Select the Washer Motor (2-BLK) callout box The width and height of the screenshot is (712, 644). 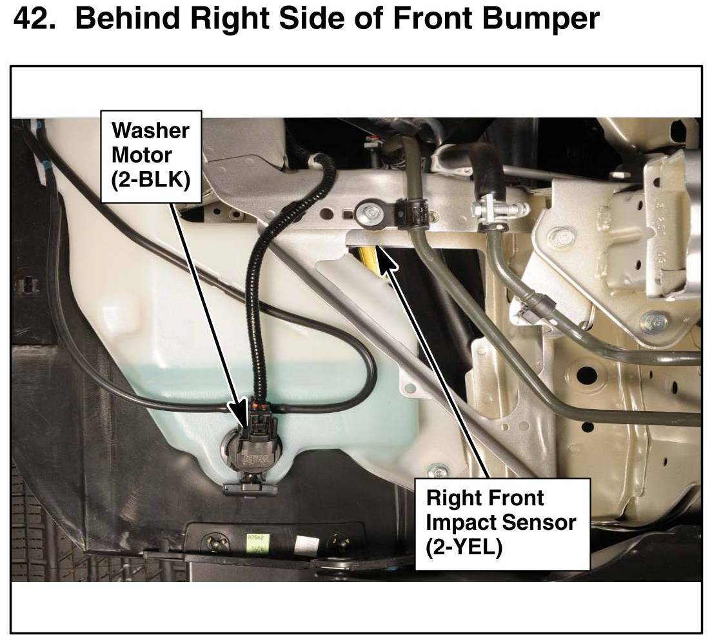pyautogui.click(x=151, y=156)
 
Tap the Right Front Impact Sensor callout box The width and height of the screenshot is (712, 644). pyautogui.click(x=502, y=523)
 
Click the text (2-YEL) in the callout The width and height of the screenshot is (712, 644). pyautogui.click(x=464, y=548)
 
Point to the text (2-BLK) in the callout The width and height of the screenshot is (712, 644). pyautogui.click(x=151, y=181)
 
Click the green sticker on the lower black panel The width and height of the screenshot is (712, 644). pyautogui.click(x=258, y=544)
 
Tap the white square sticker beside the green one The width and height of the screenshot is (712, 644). pyautogui.click(x=303, y=545)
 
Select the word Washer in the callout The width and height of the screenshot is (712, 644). pyautogui.click(x=150, y=130)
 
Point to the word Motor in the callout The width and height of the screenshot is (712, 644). pyautogui.click(x=142, y=155)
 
